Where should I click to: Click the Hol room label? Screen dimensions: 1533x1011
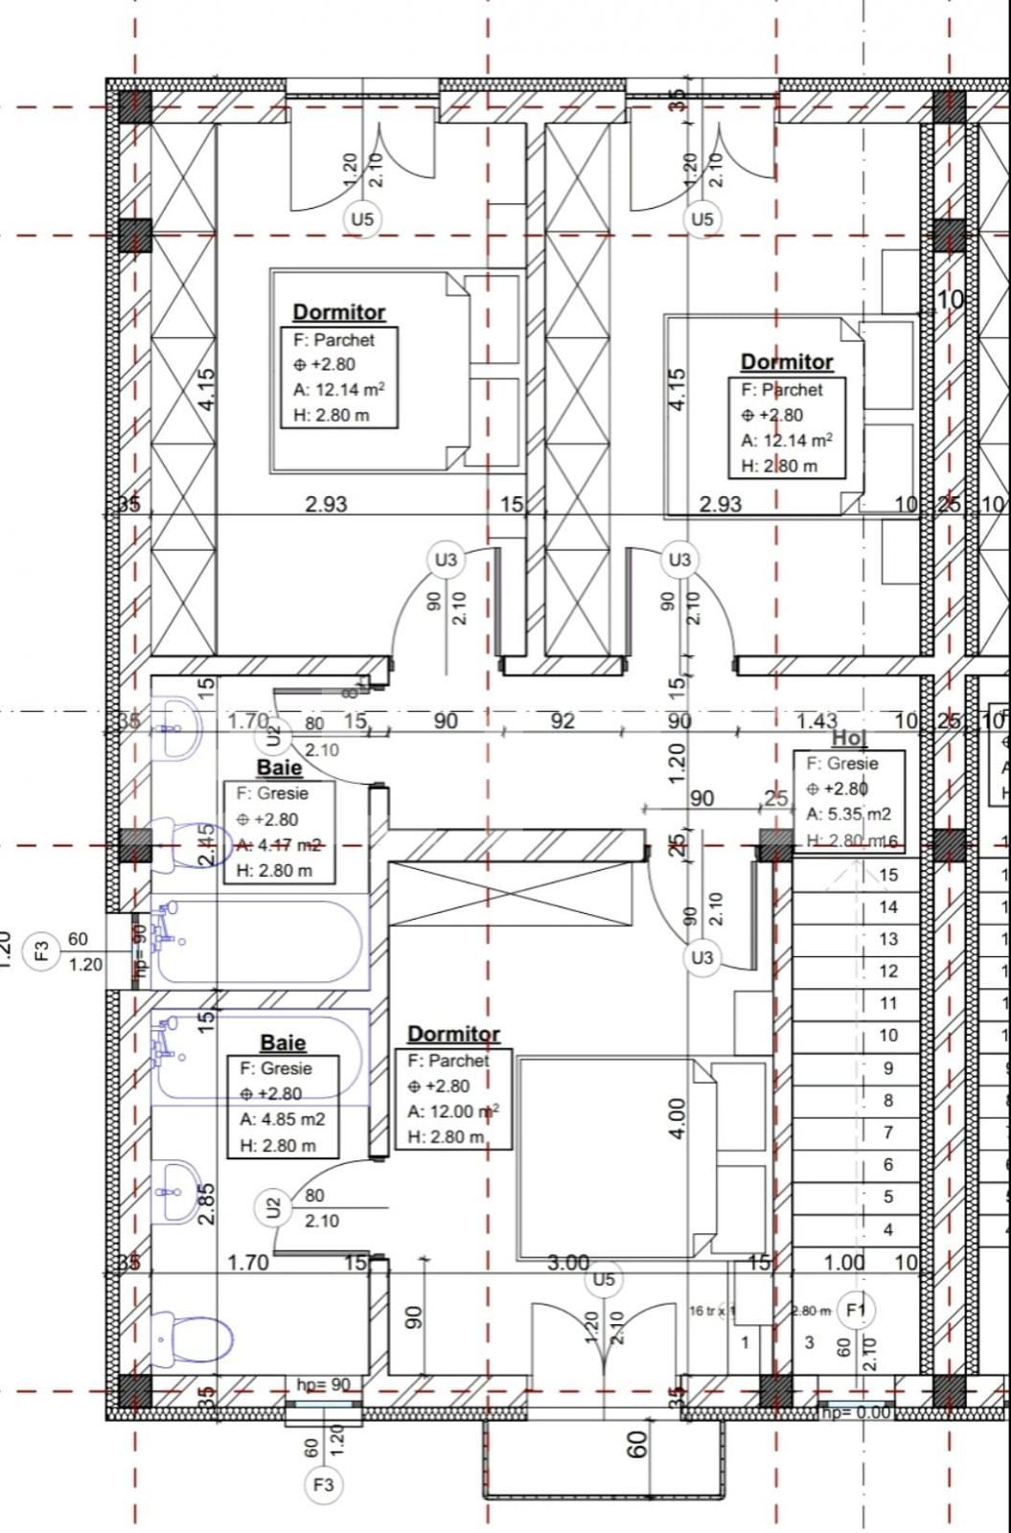coord(848,738)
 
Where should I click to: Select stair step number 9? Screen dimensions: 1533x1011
coord(888,1067)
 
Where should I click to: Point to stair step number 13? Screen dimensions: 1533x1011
coord(888,939)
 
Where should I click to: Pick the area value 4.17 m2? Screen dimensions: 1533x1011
coord(290,845)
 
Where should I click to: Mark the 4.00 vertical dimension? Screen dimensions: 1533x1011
coord(677,1118)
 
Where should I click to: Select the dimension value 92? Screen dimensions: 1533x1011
coord(563,721)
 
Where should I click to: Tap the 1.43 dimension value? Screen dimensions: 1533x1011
coord(816,721)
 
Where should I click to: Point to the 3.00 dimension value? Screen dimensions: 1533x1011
coord(568,1263)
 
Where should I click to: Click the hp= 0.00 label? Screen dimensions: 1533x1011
coord(855,1411)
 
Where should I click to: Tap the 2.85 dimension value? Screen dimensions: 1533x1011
coord(206,1204)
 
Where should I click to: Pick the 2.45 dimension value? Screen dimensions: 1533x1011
coord(205,844)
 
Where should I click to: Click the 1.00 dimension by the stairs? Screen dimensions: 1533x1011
coord(843,1263)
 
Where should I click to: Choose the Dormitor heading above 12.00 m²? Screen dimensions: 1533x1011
coord(453,1034)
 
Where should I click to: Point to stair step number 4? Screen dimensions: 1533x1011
coord(888,1228)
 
